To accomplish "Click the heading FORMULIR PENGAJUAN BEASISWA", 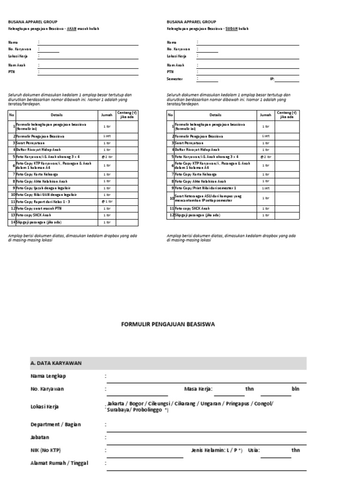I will coord(168,323).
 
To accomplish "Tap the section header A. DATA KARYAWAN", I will coord(56,363).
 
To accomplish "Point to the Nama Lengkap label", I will coord(48,376).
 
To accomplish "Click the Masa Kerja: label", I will coord(198,389).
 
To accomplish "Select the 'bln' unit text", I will coord(295,389).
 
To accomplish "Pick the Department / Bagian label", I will coord(55,424).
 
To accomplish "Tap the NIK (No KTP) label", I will coord(45,450).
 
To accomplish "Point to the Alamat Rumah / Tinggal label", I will coord(59,463).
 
